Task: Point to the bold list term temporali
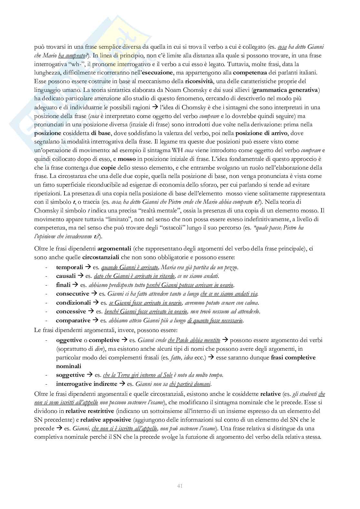pyautogui.click(x=69, y=268)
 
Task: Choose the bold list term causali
pyautogui.click(x=66, y=276)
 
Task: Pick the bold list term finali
pyautogui.click(x=63, y=285)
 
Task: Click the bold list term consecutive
pyautogui.click(x=72, y=294)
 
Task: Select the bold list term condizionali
pyautogui.click(x=73, y=303)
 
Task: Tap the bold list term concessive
pyautogui.click(x=71, y=311)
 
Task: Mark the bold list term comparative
pyautogui.click(x=73, y=320)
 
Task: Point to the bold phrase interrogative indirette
pyautogui.click(x=86, y=384)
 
